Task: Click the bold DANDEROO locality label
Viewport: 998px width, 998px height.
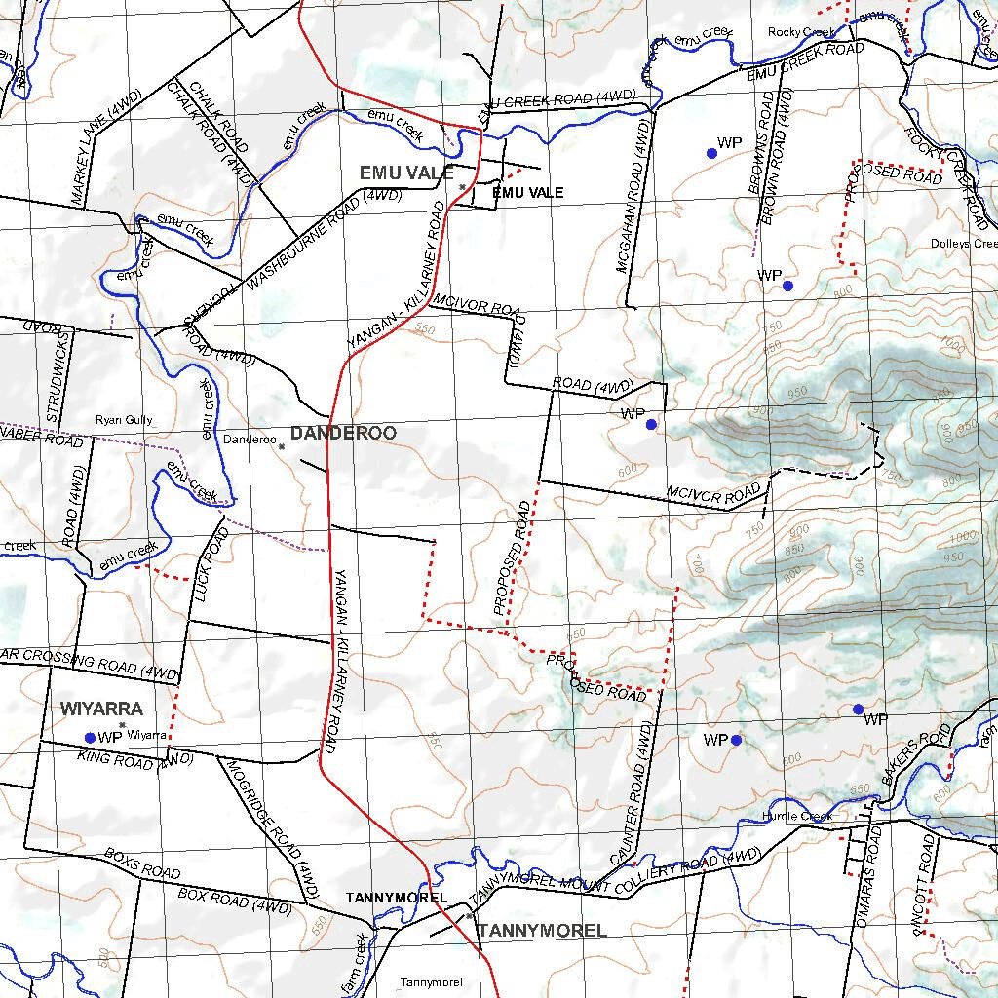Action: click(343, 433)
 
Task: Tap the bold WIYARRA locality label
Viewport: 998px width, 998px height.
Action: click(101, 709)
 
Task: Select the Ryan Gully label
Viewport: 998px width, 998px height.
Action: click(124, 420)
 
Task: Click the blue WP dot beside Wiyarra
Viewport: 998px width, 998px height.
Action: click(91, 737)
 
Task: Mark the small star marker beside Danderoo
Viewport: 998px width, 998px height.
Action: click(281, 446)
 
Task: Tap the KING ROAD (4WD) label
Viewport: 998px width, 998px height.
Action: click(135, 758)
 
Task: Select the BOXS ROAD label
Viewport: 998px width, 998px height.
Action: click(142, 864)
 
